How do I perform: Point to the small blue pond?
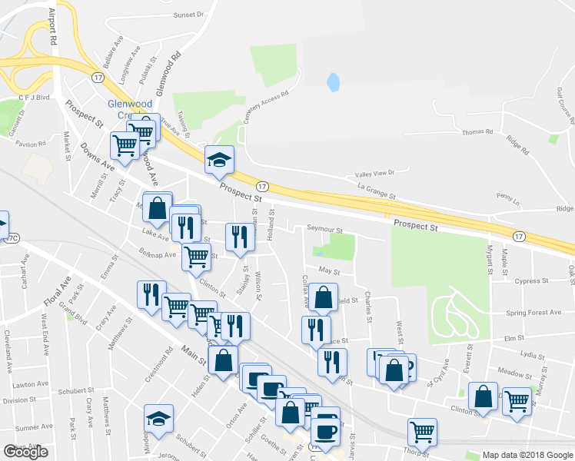pyautogui.click(x=333, y=81)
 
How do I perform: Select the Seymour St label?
pyautogui.click(x=323, y=229)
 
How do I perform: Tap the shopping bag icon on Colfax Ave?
pyautogui.click(x=324, y=297)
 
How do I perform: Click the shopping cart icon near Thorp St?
pyautogui.click(x=422, y=431)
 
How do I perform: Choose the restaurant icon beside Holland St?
pyautogui.click(x=238, y=237)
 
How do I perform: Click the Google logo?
pyautogui.click(x=25, y=452)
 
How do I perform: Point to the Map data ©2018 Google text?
pyautogui.click(x=527, y=455)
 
